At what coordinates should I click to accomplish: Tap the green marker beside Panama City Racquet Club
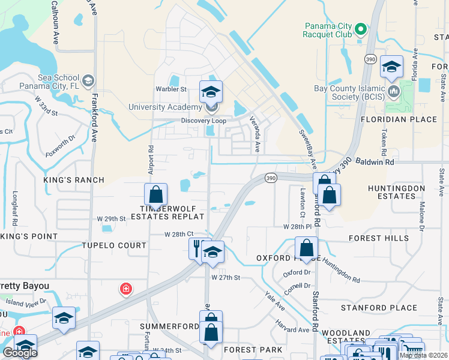click(360, 29)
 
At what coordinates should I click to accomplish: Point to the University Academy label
click(165, 107)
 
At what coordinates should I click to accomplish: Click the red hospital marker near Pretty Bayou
click(126, 289)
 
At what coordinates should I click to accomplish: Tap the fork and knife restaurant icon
click(197, 247)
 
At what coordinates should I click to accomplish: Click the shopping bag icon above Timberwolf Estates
click(155, 194)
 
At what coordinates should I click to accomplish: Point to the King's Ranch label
click(74, 180)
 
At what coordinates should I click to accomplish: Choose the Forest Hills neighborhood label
click(379, 238)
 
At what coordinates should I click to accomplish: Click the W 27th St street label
click(226, 278)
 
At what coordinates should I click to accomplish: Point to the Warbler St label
click(172, 89)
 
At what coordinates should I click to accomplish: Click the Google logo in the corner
click(19, 353)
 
